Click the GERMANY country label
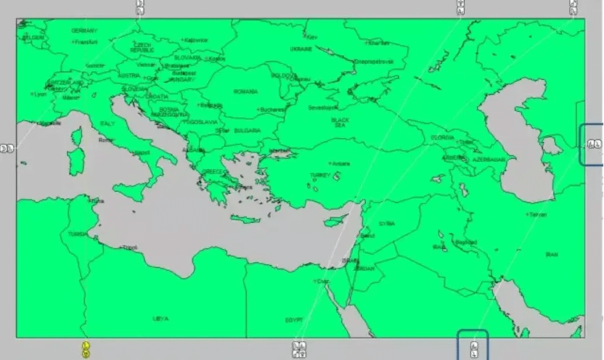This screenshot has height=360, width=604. [x=84, y=30]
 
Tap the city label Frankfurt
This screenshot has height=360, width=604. [x=86, y=42]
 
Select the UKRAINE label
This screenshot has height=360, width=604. [x=301, y=49]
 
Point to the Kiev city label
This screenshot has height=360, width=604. [x=312, y=36]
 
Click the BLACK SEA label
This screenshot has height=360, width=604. [x=340, y=122]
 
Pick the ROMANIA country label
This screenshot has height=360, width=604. [x=245, y=91]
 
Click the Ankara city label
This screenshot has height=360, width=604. [x=340, y=163]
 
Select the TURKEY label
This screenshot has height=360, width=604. [x=319, y=175]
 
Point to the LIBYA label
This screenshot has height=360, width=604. [x=160, y=318]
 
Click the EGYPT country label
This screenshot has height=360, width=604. [x=293, y=319]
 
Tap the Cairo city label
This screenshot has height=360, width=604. [x=321, y=281]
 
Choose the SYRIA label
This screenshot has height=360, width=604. [x=386, y=224]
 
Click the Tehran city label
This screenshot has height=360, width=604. [x=537, y=215]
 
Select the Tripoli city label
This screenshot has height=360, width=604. [x=130, y=247]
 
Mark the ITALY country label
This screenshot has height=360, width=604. [x=107, y=123]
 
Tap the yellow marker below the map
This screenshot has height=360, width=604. [x=86, y=349]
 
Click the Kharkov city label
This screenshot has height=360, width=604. [x=378, y=43]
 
